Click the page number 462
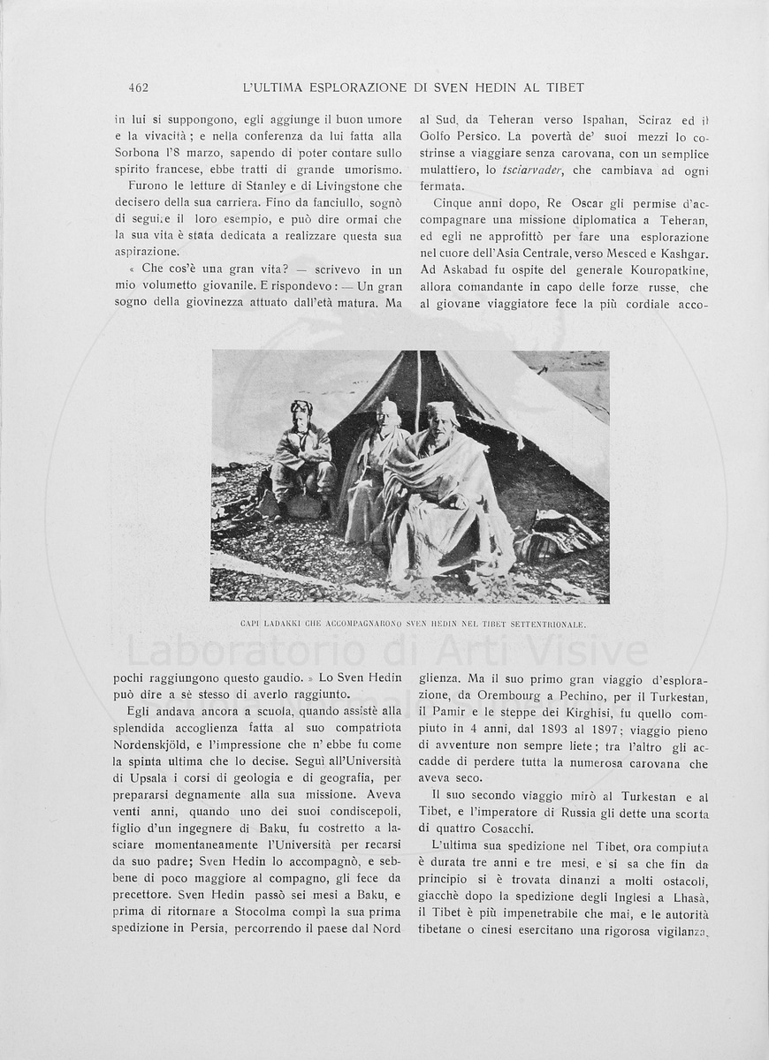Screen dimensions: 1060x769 137,87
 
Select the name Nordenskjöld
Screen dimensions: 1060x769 158,745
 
